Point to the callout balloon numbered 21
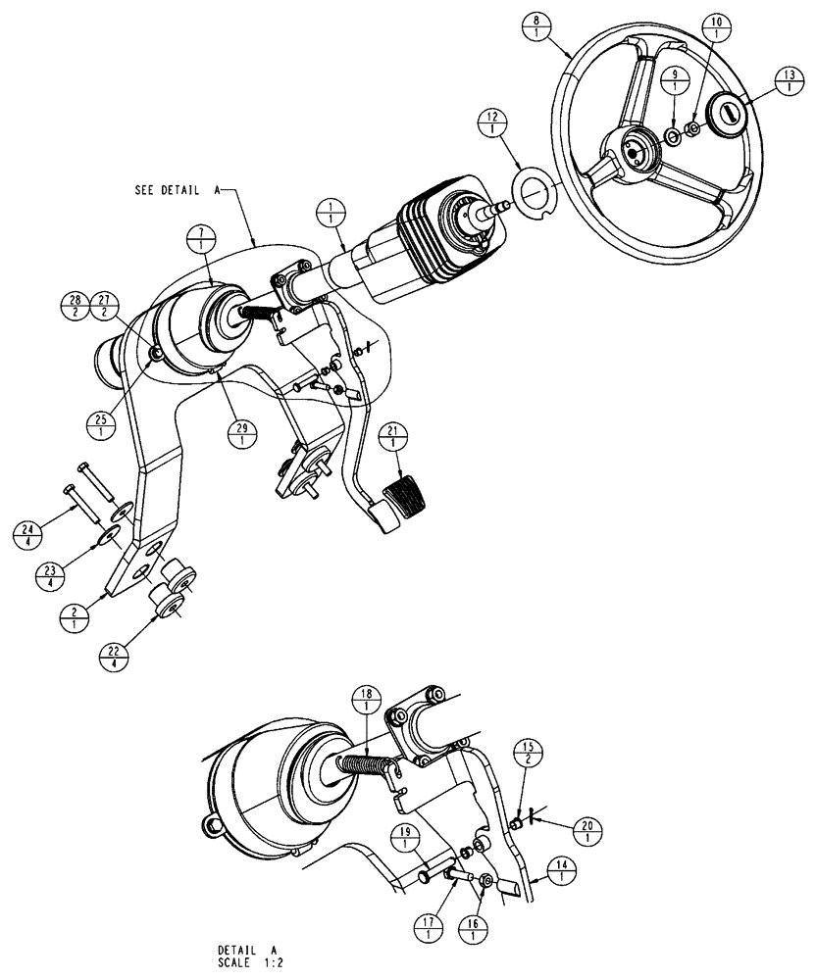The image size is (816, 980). coord(394,438)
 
